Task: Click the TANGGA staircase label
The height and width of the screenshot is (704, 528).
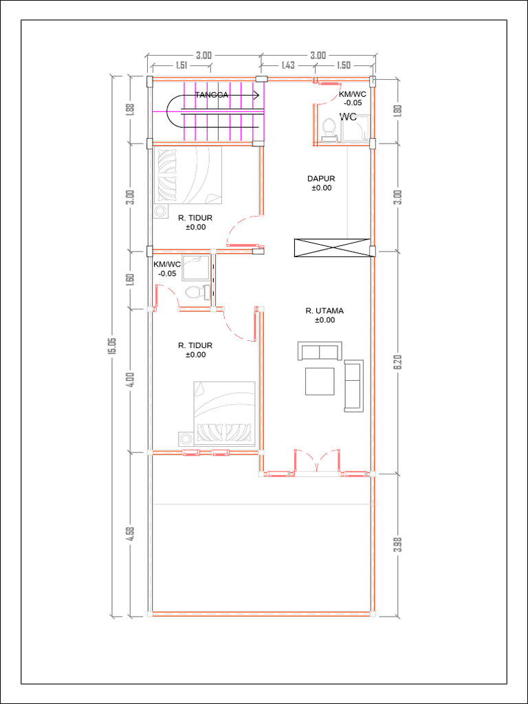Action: pos(212,95)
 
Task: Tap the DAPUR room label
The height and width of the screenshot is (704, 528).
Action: pos(321,178)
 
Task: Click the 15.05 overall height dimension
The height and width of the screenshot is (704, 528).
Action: pos(112,346)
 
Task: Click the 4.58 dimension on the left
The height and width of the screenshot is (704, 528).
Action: pos(131,533)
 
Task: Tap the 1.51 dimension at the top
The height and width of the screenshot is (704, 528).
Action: pos(181,65)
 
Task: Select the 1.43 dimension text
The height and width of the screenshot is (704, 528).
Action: pos(288,65)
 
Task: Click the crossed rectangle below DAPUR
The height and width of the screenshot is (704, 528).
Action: pos(332,247)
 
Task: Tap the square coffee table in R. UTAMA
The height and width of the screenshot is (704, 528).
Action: pos(320,381)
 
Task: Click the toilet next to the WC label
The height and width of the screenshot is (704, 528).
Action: pos(329,129)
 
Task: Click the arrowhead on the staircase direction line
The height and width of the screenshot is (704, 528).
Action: pos(256,95)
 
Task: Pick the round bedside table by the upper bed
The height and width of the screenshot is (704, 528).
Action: pos(159,210)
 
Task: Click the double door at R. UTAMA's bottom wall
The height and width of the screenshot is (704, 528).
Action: pos(317,460)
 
